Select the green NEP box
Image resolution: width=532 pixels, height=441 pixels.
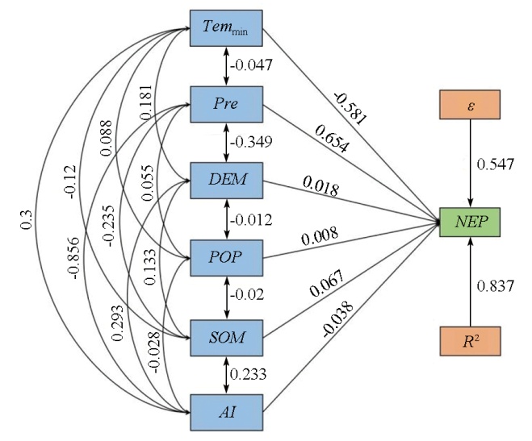471,221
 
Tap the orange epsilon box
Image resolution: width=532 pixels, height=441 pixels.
471,105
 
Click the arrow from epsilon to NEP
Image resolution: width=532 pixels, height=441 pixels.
471,165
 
